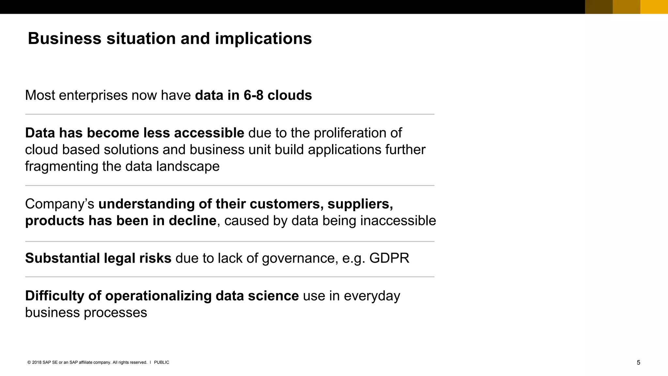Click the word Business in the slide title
65,39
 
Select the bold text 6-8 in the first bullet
253,95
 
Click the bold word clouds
290,95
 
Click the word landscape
188,167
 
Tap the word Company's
59,204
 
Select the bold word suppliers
360,204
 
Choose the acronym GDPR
389,258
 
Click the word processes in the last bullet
115,313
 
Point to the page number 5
638,363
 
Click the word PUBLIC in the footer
161,362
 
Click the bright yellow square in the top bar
654,7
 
